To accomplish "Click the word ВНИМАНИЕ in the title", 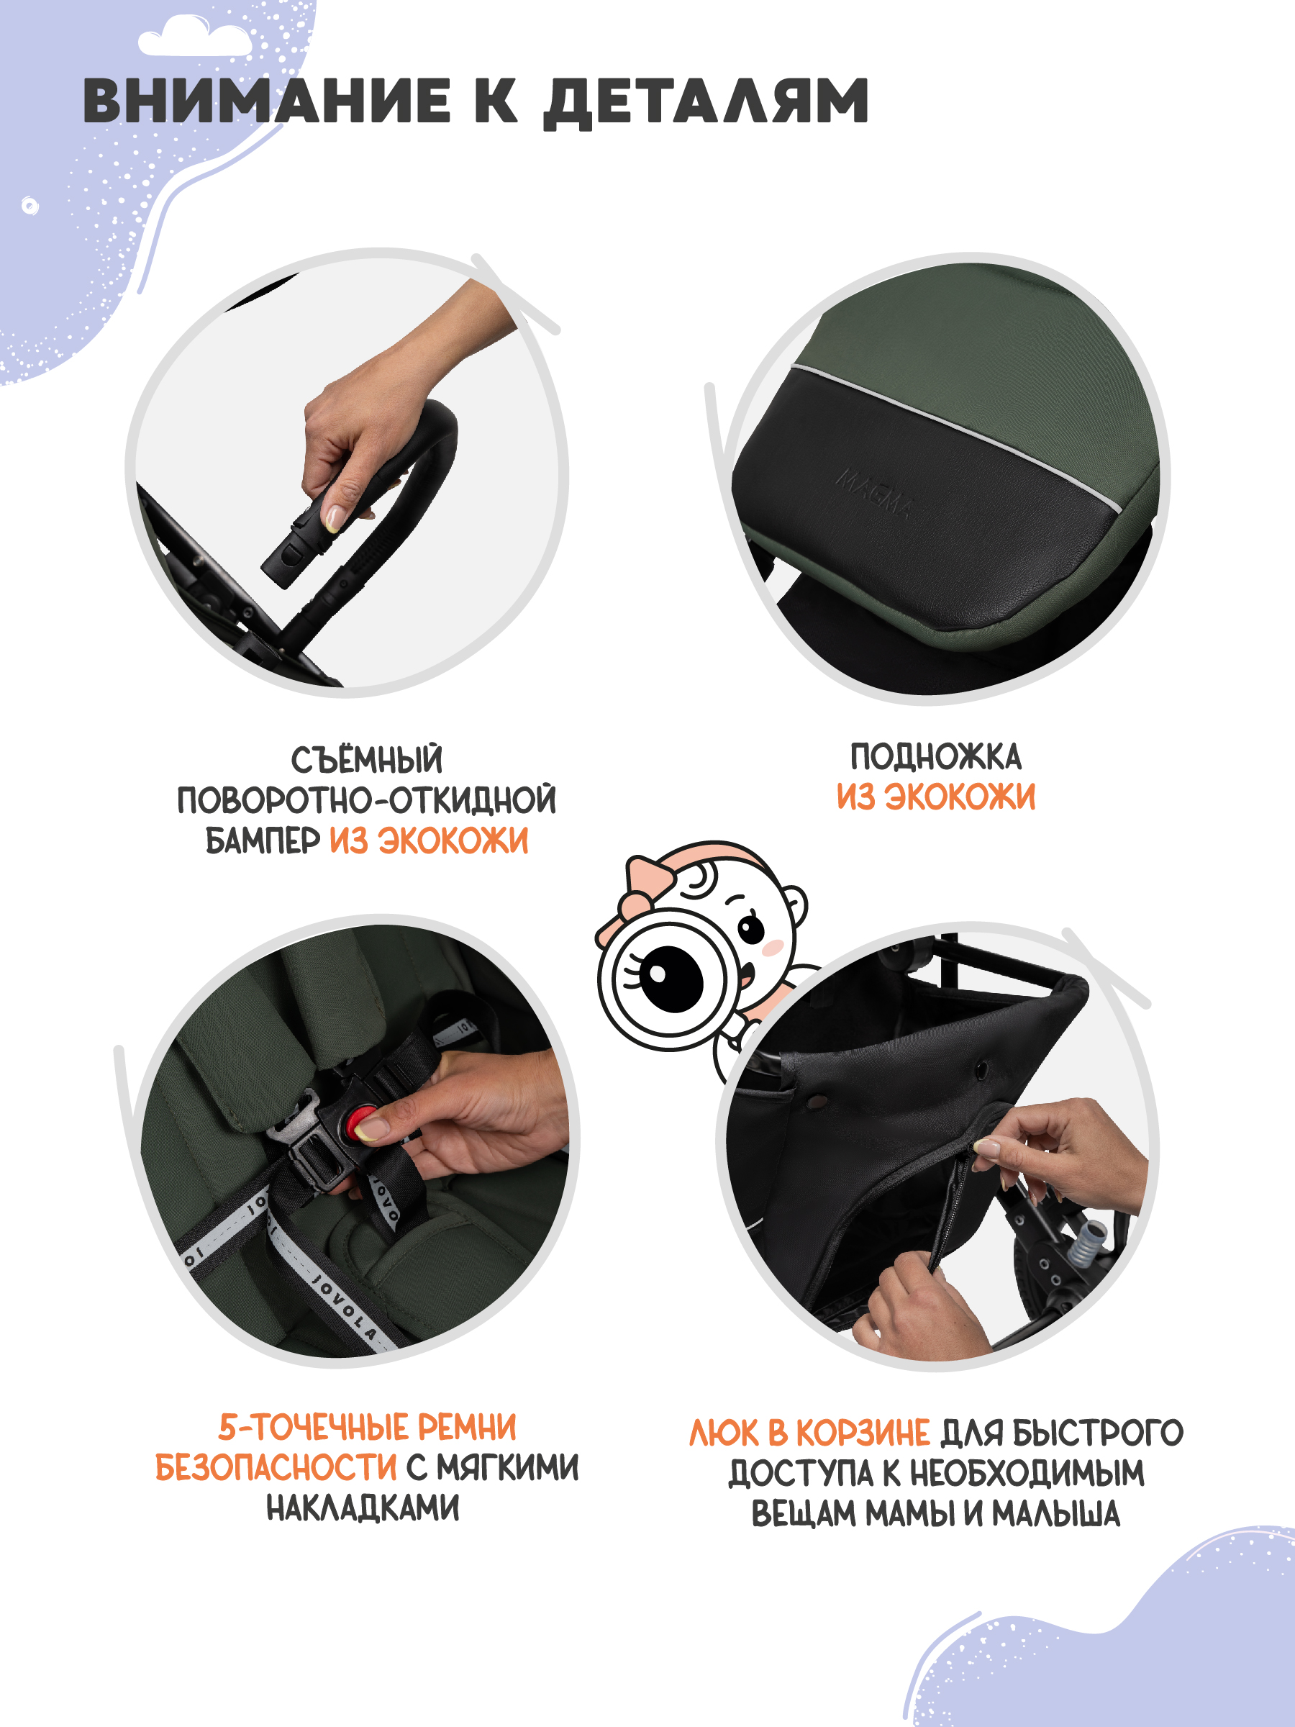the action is pos(266,101).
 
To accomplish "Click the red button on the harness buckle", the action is pos(364,1122).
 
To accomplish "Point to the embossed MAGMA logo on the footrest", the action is pos(874,493).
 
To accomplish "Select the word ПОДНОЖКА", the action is pos(935,756).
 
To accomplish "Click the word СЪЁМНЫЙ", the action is pos(367,759).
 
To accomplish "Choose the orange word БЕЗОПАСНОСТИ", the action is pos(276,1467).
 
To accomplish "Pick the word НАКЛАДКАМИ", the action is pos(363,1508).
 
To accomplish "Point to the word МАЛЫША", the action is pos(1056,1514).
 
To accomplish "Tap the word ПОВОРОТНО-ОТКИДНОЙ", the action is pos(367,800).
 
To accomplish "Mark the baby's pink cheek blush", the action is pos(773,947).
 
